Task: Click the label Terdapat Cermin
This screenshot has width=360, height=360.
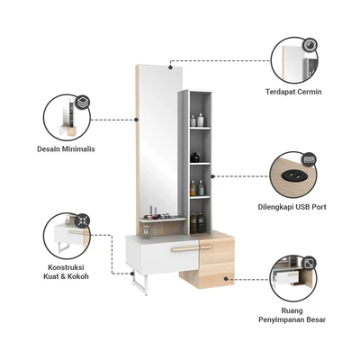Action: tap(293, 92)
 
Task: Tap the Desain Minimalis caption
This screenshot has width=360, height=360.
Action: tap(66, 148)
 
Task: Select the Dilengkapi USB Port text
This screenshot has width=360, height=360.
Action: tap(292, 207)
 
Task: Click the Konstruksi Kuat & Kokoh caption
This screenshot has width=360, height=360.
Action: tap(66, 272)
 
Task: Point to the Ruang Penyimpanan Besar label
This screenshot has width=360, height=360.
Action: tap(292, 315)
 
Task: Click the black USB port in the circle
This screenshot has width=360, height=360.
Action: tap(290, 175)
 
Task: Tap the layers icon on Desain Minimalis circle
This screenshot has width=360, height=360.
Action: tap(83, 101)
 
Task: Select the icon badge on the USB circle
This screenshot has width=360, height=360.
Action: tap(309, 159)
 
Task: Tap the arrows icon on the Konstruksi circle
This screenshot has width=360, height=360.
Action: tap(82, 220)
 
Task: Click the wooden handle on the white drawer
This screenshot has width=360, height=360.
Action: tap(183, 248)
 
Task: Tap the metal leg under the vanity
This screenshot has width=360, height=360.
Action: tap(139, 283)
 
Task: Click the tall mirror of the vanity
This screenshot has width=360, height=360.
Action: tap(158, 141)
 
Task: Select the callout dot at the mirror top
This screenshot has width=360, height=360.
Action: tap(170, 67)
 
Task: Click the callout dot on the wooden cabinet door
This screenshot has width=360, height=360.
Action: tap(227, 279)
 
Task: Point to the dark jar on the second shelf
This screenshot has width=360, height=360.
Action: tap(195, 157)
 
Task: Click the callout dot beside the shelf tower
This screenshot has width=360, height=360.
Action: tap(212, 176)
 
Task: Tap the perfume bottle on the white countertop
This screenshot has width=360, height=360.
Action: tap(147, 232)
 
